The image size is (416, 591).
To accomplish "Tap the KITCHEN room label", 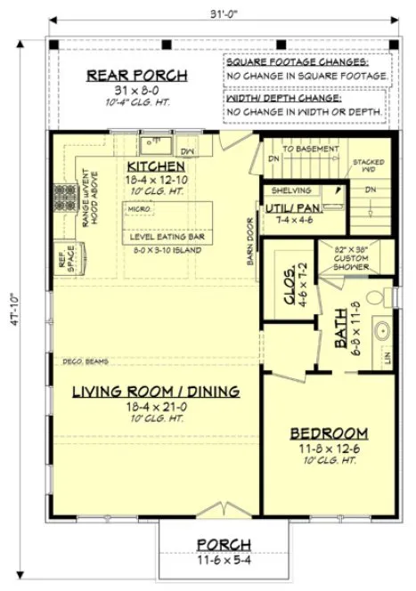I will (155, 166).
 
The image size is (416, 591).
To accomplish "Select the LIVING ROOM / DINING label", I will (156, 391).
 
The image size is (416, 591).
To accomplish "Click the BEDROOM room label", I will (330, 433).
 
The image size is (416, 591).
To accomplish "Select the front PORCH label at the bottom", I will (223, 544).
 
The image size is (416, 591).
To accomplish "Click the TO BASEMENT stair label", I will (310, 149).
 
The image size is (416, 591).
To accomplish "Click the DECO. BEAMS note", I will (85, 361).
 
